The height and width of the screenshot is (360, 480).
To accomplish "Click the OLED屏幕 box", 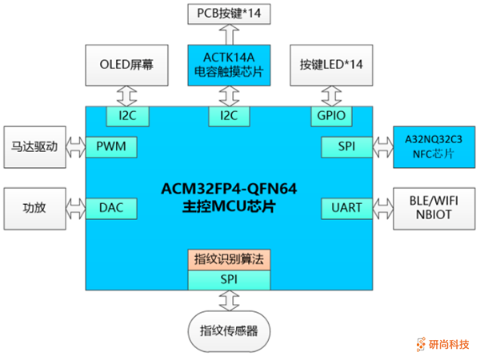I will pyautogui.click(x=126, y=66).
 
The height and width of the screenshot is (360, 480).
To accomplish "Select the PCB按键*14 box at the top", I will pyautogui.click(x=230, y=14).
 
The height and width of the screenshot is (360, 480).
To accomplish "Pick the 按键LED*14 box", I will pyautogui.click(x=331, y=66).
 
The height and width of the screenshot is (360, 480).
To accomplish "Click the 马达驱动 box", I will pyautogui.click(x=34, y=147).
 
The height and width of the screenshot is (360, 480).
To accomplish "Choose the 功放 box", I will pyautogui.click(x=34, y=209).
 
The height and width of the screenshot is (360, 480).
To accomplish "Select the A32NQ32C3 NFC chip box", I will pyautogui.click(x=429, y=146).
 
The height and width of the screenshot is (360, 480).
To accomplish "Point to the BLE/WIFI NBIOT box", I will pyautogui.click(x=429, y=209).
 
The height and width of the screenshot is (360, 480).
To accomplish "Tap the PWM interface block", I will pyautogui.click(x=111, y=147).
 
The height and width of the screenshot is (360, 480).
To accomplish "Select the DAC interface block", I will pyautogui.click(x=111, y=209).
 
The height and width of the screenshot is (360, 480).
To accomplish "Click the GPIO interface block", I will pyautogui.click(x=331, y=117).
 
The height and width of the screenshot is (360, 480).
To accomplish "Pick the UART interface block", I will pyautogui.click(x=346, y=209).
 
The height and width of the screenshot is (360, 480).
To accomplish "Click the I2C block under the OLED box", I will pyautogui.click(x=126, y=117).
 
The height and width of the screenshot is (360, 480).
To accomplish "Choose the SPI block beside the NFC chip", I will pyautogui.click(x=346, y=147).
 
